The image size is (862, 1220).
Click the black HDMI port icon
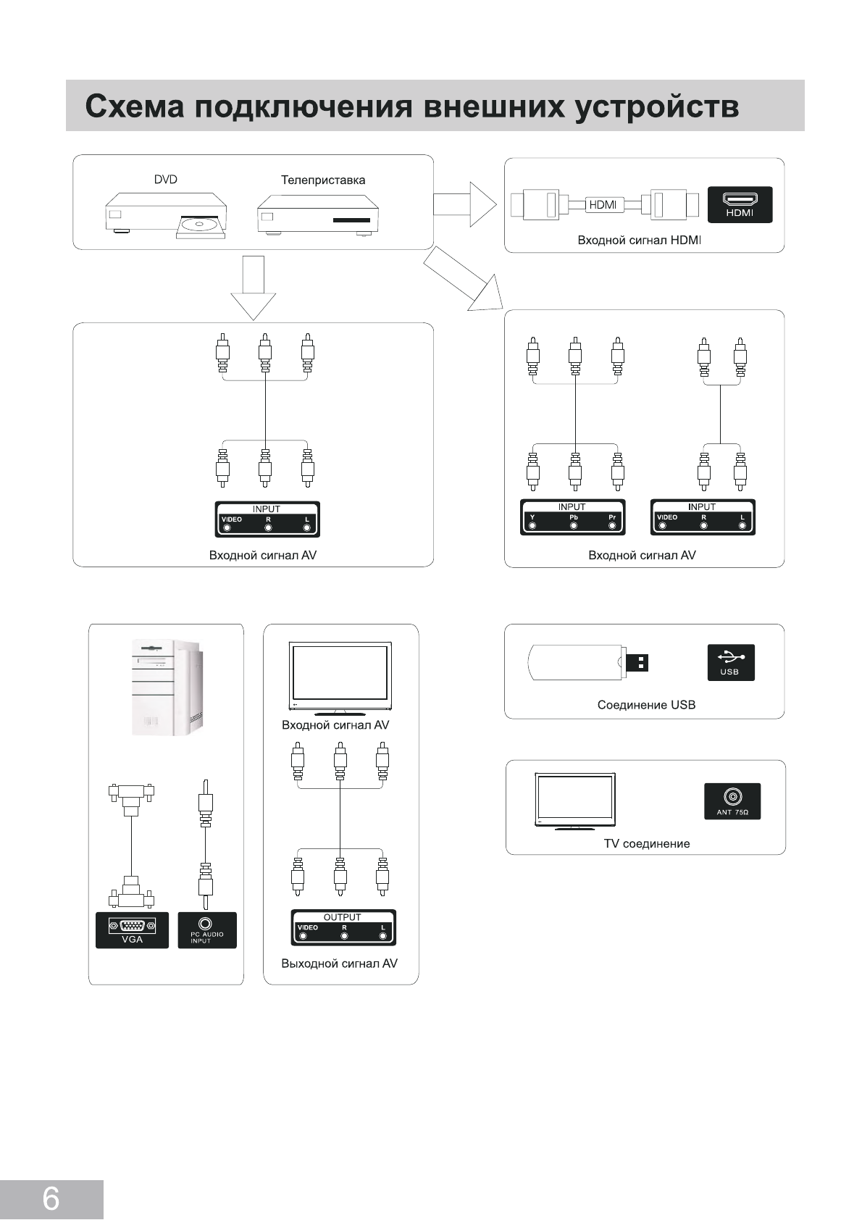740,204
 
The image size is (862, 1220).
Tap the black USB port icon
731,662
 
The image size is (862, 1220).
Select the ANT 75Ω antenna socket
732,801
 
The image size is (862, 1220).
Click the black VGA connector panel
132,930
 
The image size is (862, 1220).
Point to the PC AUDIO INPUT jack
207,930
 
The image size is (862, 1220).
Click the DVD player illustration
166,216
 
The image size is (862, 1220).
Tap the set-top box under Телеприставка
318,216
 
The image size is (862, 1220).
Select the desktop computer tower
168,688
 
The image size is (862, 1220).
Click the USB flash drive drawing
588,662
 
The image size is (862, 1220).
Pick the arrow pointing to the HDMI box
465,204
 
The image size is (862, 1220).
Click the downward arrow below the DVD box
254,288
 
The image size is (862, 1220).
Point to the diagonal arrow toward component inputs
463,278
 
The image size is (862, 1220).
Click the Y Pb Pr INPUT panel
572,517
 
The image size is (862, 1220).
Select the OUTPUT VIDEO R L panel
343,927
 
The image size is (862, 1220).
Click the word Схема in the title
135,106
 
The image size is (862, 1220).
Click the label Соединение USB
646,705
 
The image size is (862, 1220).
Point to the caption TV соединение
647,843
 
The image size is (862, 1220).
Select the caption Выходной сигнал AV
339,964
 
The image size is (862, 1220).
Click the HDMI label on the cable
603,205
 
